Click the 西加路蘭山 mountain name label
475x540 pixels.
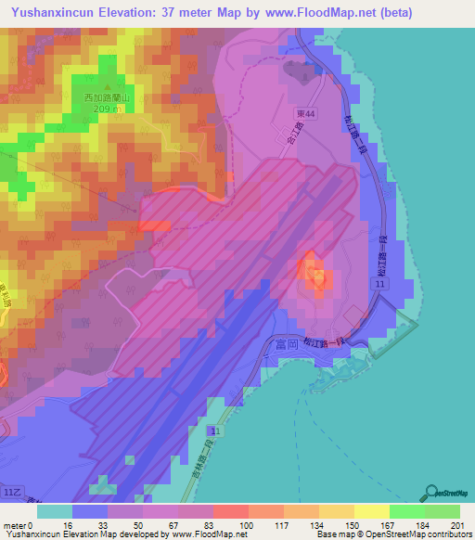click(104, 97)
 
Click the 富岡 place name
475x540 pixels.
click(289, 343)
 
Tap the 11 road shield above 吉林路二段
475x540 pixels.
click(214, 432)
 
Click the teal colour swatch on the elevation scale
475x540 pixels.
click(55, 510)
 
